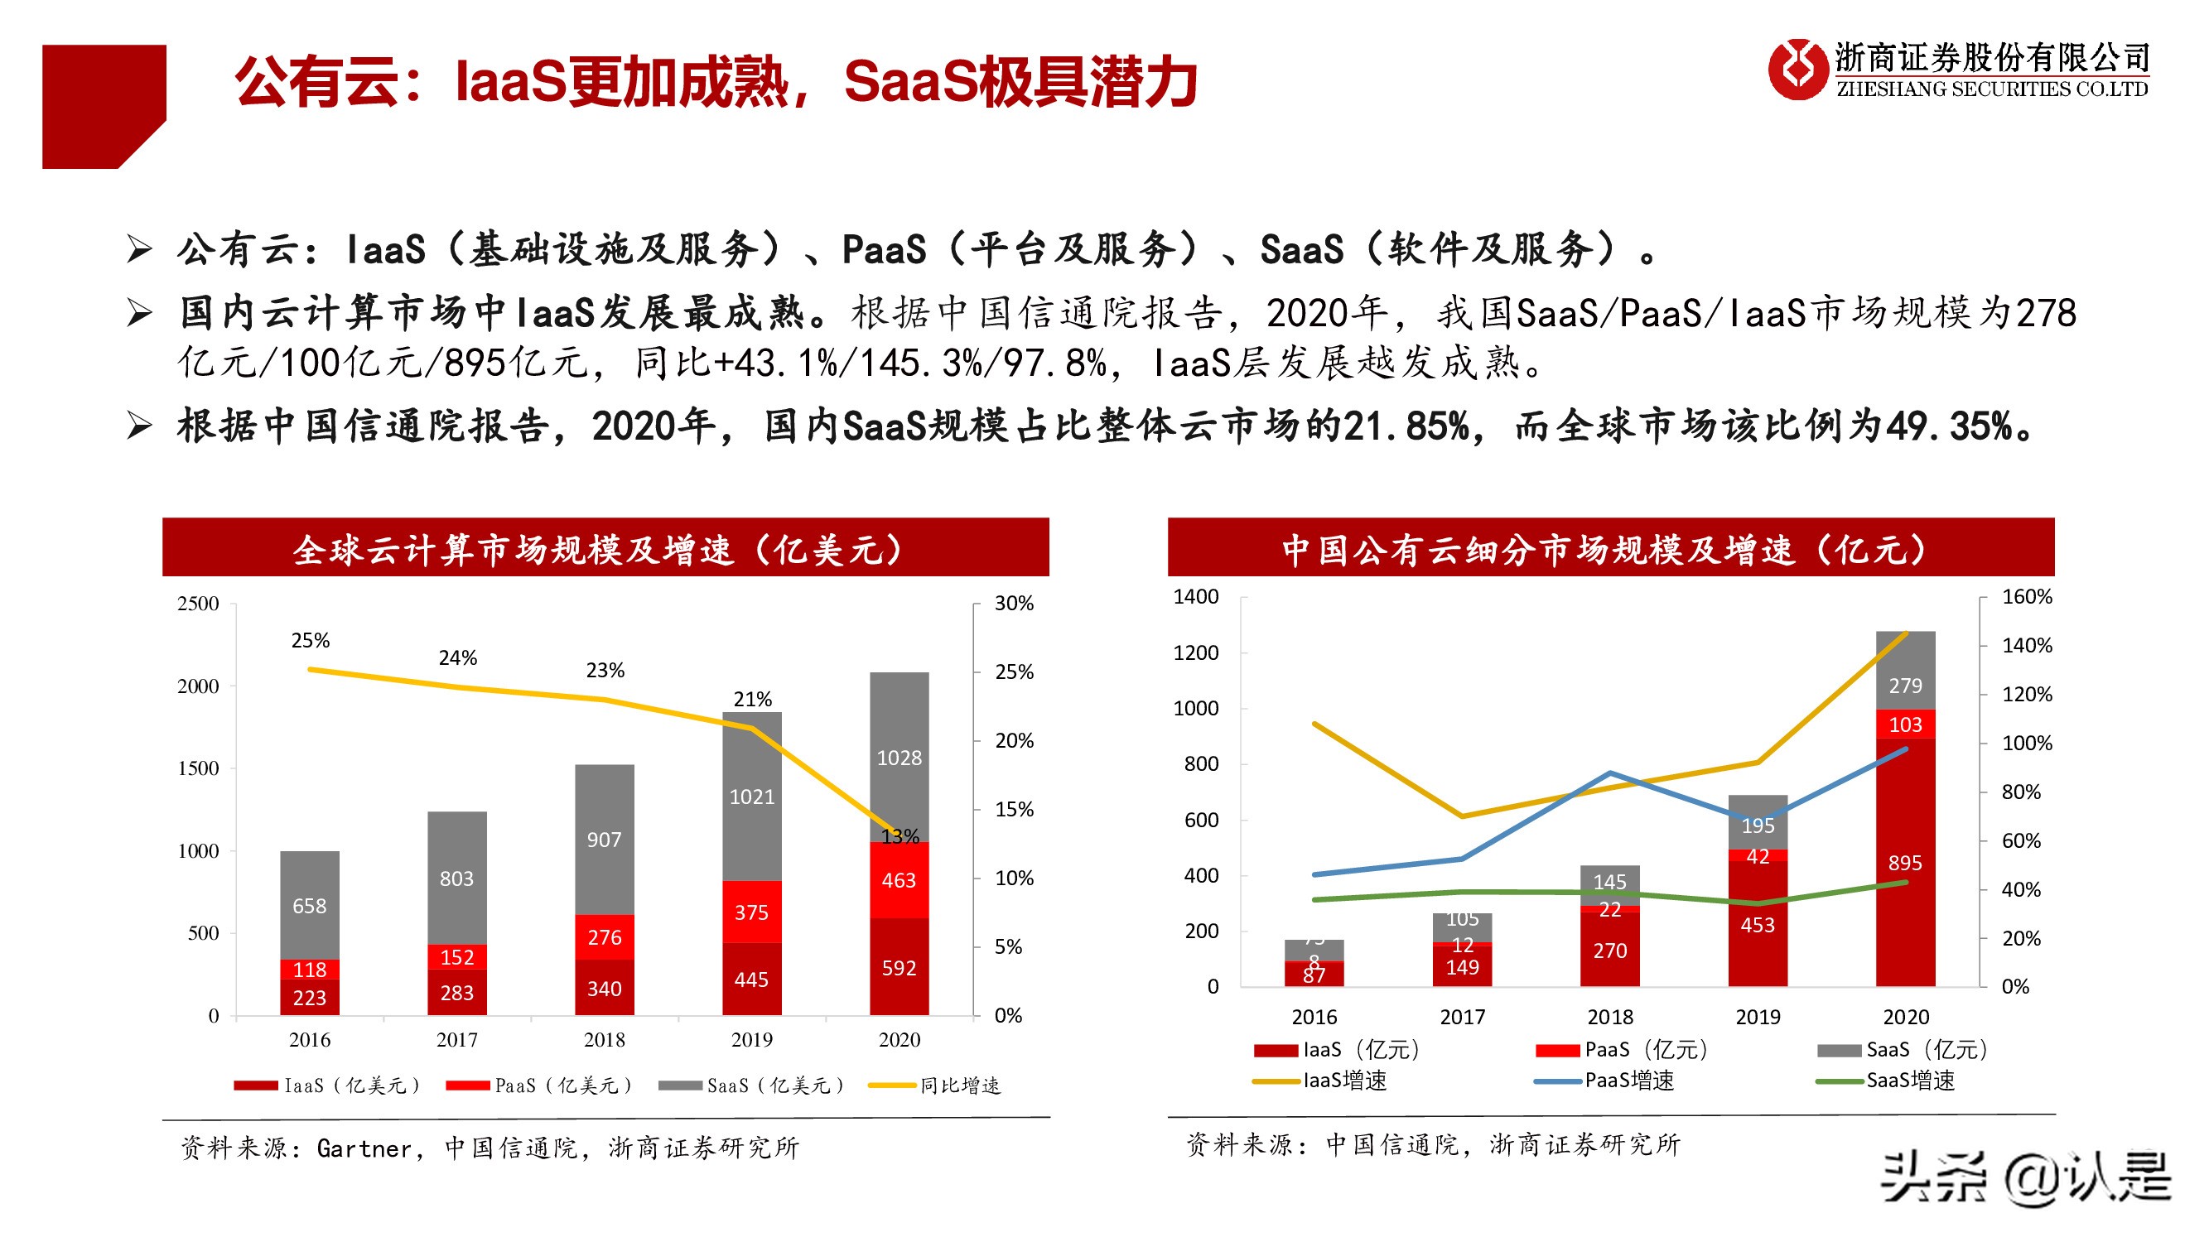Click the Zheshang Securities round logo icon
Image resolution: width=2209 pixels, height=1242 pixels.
click(x=1797, y=69)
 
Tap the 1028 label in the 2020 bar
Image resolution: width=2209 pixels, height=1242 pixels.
click(x=899, y=758)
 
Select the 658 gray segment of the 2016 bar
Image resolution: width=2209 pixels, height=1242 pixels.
click(x=310, y=905)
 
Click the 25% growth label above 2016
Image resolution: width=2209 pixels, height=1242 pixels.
click(x=311, y=640)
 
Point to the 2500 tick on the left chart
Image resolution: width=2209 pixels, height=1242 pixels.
click(x=198, y=604)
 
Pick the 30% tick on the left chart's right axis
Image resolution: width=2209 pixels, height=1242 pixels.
click(x=1014, y=604)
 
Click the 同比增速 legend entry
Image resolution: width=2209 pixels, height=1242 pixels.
click(x=958, y=1086)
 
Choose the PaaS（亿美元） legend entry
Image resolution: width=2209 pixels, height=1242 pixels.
click(x=562, y=1086)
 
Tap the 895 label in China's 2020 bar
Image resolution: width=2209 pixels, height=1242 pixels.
click(x=1904, y=862)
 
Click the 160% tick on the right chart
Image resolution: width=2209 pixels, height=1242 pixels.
click(x=2025, y=596)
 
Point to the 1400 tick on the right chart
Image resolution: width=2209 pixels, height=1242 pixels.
click(x=1195, y=596)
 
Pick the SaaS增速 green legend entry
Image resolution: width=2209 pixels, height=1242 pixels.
click(x=1909, y=1080)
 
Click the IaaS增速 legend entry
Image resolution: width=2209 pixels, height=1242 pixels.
click(x=1343, y=1080)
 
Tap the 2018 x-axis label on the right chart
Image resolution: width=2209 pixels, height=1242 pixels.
click(x=1609, y=1017)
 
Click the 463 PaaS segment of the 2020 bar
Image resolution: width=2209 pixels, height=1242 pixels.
click(x=899, y=880)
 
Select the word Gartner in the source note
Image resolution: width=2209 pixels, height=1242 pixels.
click(x=364, y=1148)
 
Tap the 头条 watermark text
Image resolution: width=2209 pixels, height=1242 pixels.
click(x=1935, y=1177)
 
